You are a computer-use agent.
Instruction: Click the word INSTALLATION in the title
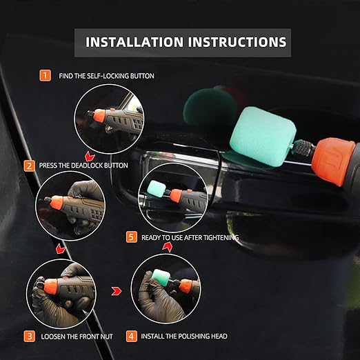[x=128, y=42]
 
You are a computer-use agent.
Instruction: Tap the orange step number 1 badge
[x=46, y=75]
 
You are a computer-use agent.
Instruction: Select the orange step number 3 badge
[x=29, y=337]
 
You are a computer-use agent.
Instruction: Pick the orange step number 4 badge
[x=132, y=337]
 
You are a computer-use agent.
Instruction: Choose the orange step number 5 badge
[x=132, y=237]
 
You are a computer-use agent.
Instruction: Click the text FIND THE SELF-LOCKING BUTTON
[x=107, y=75]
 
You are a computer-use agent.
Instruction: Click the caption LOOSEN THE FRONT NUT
[x=77, y=337]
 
